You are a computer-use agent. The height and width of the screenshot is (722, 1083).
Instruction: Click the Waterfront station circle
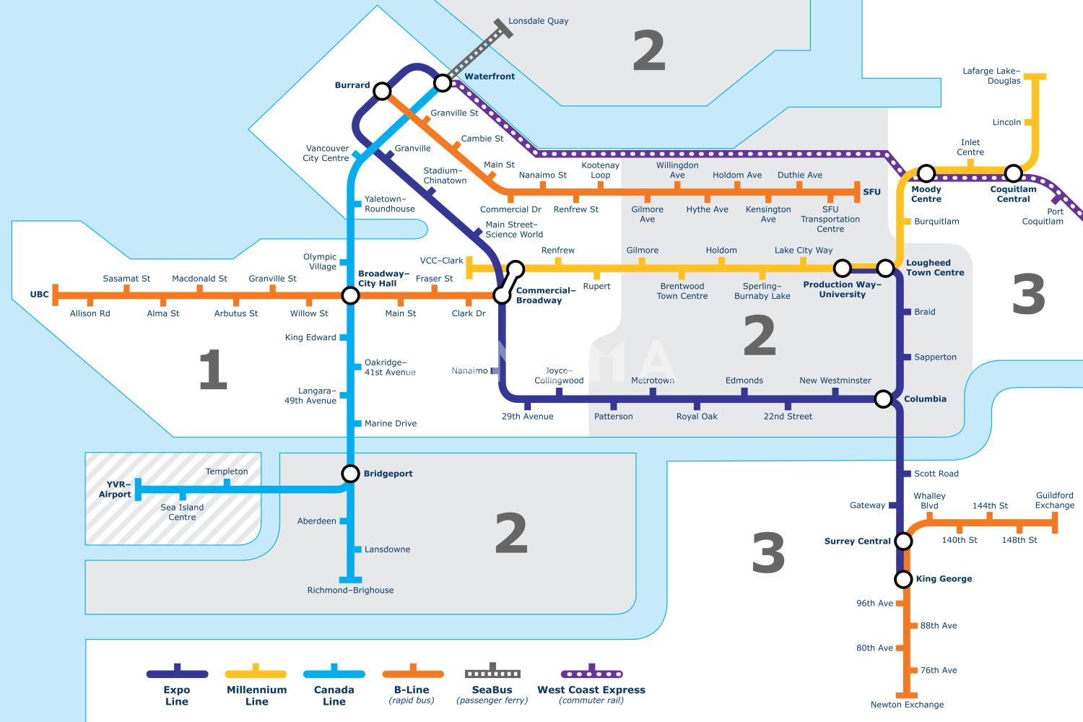click(443, 83)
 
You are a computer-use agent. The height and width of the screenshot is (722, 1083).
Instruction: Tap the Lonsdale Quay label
click(538, 21)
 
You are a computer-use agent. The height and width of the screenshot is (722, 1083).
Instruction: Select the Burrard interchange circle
click(382, 91)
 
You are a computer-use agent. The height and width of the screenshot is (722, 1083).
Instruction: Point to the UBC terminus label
click(39, 294)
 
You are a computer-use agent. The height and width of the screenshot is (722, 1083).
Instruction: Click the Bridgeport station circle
click(350, 474)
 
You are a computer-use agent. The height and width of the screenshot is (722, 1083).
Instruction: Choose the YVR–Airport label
click(115, 489)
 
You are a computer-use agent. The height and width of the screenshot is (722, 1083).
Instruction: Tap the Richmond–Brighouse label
click(350, 590)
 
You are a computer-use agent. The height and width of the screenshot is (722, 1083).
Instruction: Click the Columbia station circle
click(883, 399)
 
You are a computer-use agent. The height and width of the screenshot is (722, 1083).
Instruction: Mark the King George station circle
click(903, 579)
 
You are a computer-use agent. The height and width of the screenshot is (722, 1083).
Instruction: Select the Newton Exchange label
click(907, 705)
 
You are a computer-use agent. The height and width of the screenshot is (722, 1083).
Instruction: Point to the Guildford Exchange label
click(1054, 500)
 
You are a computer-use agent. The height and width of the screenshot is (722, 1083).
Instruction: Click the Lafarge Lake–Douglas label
click(991, 76)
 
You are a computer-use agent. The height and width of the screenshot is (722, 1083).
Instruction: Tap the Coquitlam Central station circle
click(1013, 173)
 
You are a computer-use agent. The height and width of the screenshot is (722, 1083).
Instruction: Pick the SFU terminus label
click(871, 191)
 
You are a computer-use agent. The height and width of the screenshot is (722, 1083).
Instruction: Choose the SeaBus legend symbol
click(492, 671)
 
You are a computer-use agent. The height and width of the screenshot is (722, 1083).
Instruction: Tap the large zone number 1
click(213, 370)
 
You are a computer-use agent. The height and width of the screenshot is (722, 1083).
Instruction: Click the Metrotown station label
click(653, 380)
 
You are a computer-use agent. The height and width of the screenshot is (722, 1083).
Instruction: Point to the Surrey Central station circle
click(903, 541)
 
